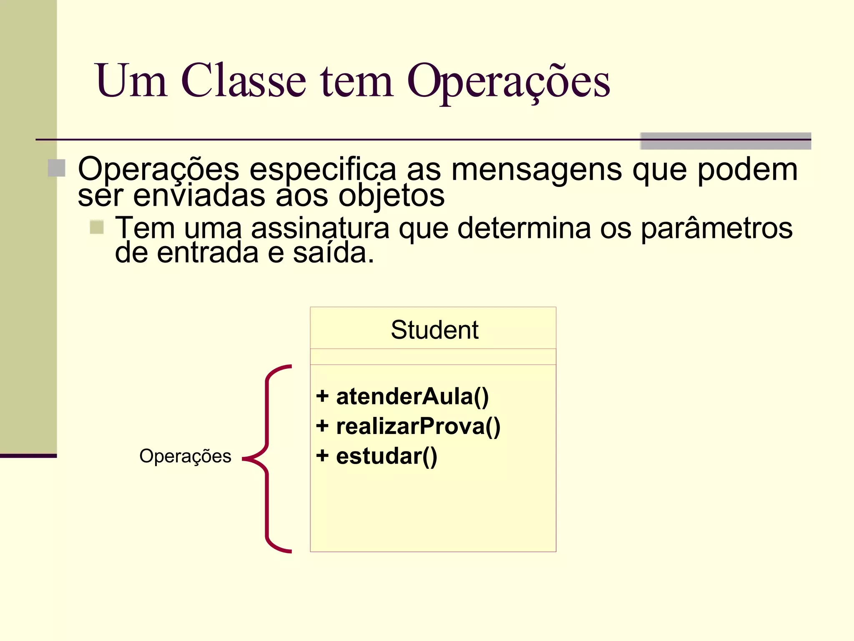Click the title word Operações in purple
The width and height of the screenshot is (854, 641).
click(x=508, y=81)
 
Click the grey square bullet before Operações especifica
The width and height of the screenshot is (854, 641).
click(x=56, y=168)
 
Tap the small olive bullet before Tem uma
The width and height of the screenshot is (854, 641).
click(x=97, y=227)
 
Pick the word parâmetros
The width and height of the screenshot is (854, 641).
click(x=716, y=228)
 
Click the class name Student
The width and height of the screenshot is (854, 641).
click(x=434, y=330)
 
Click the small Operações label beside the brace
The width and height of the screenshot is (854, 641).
click(x=185, y=456)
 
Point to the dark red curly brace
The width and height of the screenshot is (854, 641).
click(x=266, y=459)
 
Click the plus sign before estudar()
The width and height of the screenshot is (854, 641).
click(x=322, y=455)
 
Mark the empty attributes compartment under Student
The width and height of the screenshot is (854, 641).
click(x=433, y=357)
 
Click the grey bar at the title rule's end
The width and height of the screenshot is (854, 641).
click(x=725, y=141)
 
